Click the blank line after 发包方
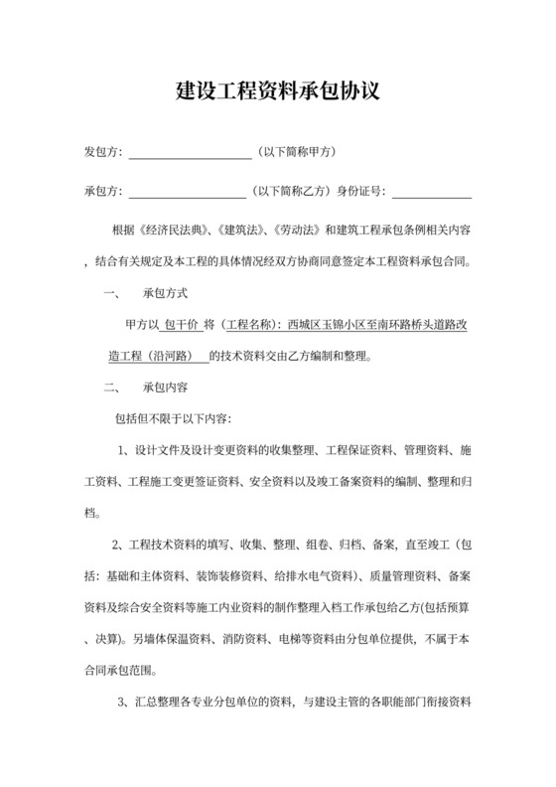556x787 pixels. tap(190, 153)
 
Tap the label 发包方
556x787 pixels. tap(101, 152)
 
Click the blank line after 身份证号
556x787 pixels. tap(433, 191)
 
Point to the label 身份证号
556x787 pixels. tap(364, 191)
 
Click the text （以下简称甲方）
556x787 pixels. tap(297, 152)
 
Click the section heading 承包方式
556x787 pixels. tap(165, 294)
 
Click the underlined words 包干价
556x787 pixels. tap(180, 324)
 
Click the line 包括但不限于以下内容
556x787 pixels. tap(174, 418)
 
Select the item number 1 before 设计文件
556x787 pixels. tap(123, 452)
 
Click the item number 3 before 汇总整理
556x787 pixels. tap(122, 705)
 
